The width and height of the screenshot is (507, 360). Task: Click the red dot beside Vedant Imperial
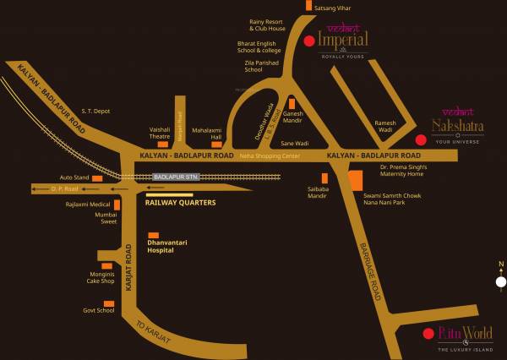[x=309, y=41]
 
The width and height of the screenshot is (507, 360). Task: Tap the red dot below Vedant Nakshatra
[x=410, y=140]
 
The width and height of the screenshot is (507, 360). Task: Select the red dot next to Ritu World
[x=428, y=332]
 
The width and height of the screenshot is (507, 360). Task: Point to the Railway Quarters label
[x=180, y=203]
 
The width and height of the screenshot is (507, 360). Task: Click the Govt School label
[x=99, y=310]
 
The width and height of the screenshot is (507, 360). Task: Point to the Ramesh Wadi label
[x=386, y=127]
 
